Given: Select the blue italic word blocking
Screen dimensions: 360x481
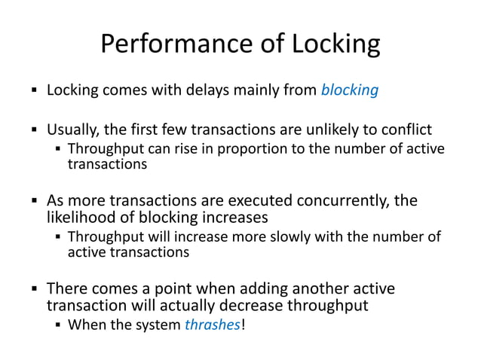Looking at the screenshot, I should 350,91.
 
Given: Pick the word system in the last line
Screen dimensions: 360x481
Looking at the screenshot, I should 155,325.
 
